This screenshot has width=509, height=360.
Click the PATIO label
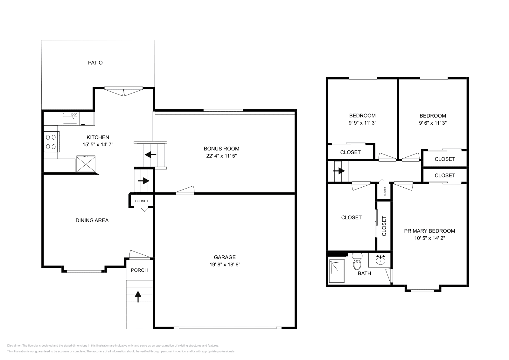(95, 63)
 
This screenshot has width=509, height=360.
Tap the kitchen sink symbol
(70, 118)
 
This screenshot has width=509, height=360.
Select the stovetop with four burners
(51, 142)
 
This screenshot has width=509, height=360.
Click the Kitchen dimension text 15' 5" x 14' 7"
(98, 144)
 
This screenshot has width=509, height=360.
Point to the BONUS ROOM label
(221, 149)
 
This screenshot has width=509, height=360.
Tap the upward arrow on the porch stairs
(138, 296)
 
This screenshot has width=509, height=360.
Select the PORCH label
(139, 270)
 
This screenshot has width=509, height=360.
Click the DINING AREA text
(92, 220)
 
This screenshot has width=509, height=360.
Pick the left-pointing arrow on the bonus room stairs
(150, 155)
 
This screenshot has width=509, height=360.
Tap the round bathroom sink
(380, 260)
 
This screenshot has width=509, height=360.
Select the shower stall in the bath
(337, 271)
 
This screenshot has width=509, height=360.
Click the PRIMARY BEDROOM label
(429, 231)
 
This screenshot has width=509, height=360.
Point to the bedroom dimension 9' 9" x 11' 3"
(362, 123)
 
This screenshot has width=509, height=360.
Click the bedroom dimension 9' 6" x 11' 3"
(433, 123)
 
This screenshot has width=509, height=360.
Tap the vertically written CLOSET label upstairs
(384, 226)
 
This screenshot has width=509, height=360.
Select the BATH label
(364, 273)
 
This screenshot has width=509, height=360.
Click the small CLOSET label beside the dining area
(142, 201)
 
